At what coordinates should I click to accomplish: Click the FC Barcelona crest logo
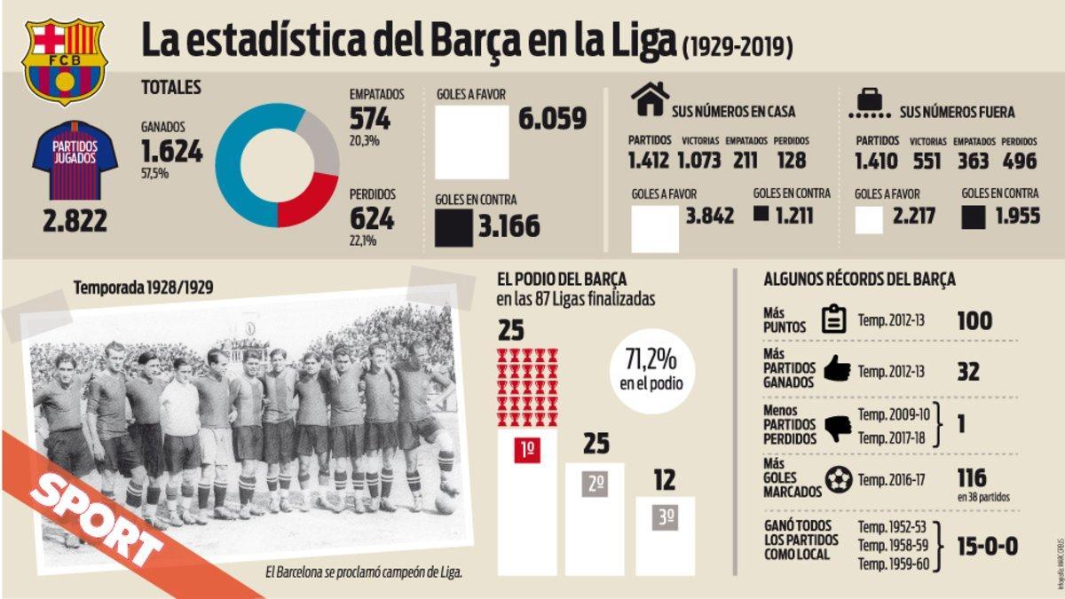coord(64,60)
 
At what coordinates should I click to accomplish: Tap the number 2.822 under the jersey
coord(75,220)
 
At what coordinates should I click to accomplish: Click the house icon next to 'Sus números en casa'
coord(650,99)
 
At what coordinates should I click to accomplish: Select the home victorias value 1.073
coord(701,161)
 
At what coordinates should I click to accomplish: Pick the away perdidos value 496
coord(1020,161)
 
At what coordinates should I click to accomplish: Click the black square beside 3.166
coord(453,227)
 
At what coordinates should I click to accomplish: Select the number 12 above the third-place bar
coord(665,480)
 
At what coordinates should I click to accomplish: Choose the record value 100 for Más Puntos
coord(974,320)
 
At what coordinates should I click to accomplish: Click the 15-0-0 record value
coord(987,546)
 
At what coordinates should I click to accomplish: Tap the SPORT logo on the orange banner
coord(98,516)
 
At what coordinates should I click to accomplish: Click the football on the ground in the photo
coord(444,504)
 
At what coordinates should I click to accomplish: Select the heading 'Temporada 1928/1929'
coord(143,288)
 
